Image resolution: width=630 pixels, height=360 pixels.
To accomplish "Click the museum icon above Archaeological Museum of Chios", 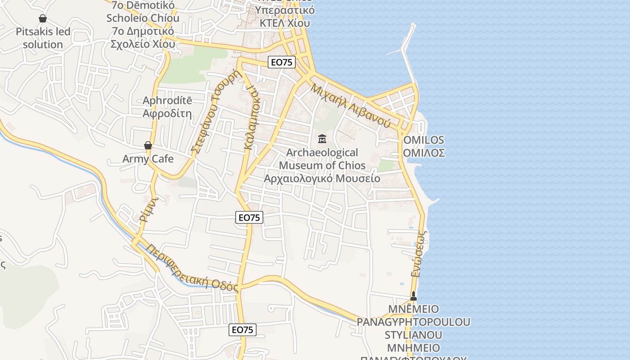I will coord(322,139).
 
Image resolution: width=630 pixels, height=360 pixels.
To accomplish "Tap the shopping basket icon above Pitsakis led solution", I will coord(43,18).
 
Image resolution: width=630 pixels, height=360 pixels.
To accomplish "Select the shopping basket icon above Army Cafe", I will coord(148,145).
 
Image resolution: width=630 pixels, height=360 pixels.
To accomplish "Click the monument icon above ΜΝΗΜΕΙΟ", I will coord(413,296).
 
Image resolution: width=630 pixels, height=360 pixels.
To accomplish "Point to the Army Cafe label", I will coord(148,159).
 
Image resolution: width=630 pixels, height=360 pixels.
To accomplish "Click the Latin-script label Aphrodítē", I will coord(167,100).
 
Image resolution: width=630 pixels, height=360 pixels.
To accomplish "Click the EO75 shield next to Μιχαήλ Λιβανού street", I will coord(282,63).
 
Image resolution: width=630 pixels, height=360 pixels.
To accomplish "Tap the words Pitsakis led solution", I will coord(43,38).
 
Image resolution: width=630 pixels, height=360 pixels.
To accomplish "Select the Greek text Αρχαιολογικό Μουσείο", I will coord(322,179).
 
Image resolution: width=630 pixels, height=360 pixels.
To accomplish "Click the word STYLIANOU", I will coord(413,335).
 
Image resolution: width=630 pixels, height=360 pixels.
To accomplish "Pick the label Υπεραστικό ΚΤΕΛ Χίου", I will coord(284,16).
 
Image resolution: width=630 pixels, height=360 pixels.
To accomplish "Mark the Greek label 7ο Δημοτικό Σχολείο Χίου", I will coord(143,38).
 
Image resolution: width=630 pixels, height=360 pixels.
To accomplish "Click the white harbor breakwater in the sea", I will coord(407,49).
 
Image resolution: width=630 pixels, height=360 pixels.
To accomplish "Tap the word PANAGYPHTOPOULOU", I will coord(413,322).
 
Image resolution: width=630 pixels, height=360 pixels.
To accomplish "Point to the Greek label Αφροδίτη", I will coord(167,113).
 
